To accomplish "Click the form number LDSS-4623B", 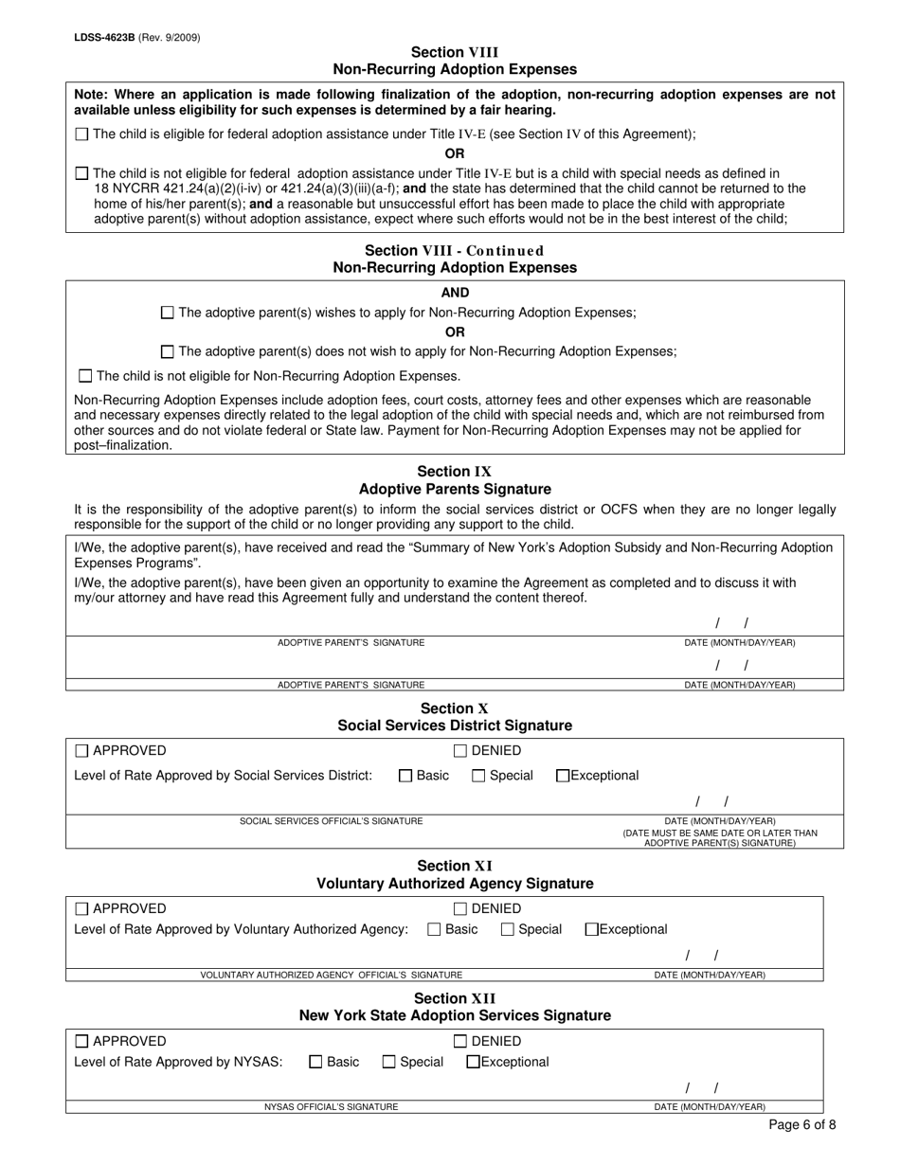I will (102, 38).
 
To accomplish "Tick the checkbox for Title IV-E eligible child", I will (81, 134).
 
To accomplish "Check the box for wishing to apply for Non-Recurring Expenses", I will (168, 313).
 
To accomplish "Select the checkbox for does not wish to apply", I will (168, 351).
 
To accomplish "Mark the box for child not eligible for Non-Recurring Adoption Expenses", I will (86, 376).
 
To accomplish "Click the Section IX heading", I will (455, 472).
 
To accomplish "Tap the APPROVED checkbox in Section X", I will (81, 751).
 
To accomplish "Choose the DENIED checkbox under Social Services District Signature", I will (460, 751).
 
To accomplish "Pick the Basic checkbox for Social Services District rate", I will (405, 776).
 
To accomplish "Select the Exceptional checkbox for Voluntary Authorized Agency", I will (592, 929).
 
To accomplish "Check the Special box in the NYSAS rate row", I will (389, 1062).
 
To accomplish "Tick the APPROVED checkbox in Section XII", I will (81, 1042).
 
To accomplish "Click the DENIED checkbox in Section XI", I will (460, 909).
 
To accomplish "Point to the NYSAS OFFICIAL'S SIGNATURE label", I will (331, 1106).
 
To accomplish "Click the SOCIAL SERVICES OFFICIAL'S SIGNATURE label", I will (331, 821).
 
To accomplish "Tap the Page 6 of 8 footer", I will (801, 1126).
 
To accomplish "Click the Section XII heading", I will (455, 998).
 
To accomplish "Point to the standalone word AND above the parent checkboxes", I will (455, 293).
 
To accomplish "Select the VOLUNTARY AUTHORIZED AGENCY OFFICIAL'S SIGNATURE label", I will (331, 975).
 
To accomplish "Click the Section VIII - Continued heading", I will (455, 251).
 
